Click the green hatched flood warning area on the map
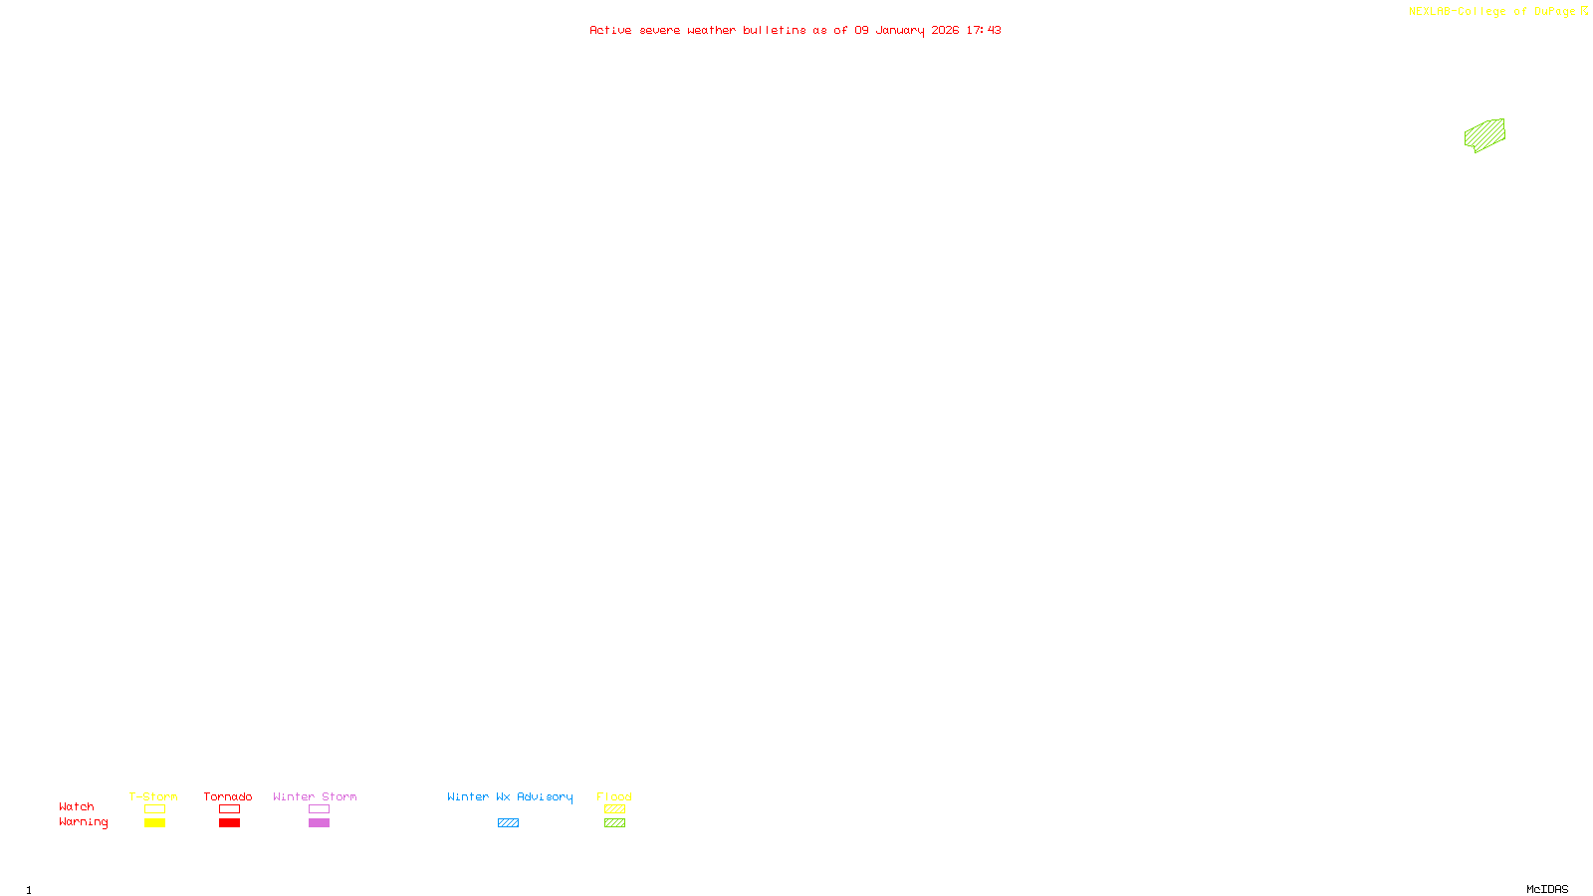(1484, 134)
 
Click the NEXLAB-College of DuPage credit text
(1491, 12)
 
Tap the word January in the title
(899, 30)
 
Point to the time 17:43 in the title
(983, 30)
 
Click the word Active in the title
(609, 30)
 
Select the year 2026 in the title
(945, 30)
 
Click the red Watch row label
(77, 807)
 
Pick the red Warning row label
(83, 822)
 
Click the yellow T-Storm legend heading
(153, 796)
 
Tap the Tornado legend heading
(228, 796)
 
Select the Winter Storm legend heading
(315, 796)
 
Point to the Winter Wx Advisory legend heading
(510, 796)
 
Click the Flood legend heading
(614, 796)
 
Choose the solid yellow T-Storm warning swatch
(154, 823)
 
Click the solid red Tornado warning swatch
(229, 823)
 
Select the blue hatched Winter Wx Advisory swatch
(508, 823)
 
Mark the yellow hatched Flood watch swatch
(614, 809)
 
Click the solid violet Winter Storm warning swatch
(319, 823)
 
